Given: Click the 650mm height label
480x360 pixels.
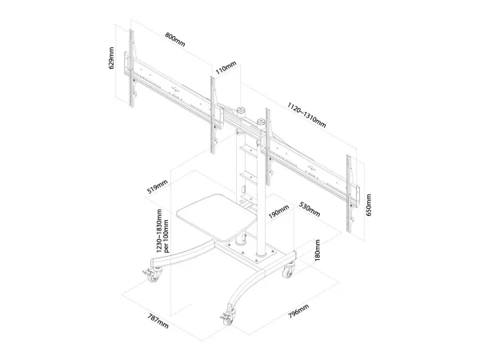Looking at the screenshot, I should click(x=368, y=205).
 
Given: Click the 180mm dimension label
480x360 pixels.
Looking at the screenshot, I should click(x=318, y=251).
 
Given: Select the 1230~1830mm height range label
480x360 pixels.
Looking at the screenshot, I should click(x=164, y=231).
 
